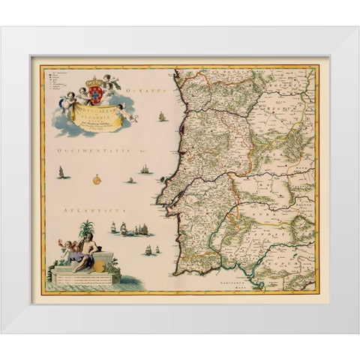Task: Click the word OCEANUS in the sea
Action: pyautogui.click(x=145, y=91)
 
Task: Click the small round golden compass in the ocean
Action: pyautogui.click(x=97, y=179)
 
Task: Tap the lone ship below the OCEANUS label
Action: pyautogui.click(x=161, y=116)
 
